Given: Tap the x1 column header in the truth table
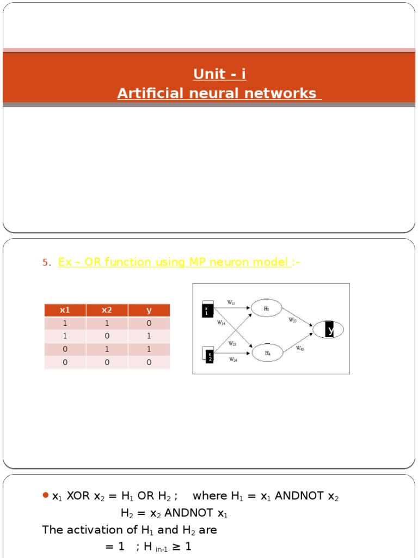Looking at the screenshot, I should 65,310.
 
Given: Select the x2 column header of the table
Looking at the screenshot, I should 107,310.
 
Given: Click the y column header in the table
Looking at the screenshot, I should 149,310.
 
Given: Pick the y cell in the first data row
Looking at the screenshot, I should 149,323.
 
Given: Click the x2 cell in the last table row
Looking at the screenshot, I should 107,362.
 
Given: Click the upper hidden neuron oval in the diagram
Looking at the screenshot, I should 266,308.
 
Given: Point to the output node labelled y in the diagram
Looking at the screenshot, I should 329,330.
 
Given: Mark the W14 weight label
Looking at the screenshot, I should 221,323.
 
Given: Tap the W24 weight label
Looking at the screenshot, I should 233,360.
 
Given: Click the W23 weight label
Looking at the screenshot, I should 232,344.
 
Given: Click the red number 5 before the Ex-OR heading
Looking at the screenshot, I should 46,263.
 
